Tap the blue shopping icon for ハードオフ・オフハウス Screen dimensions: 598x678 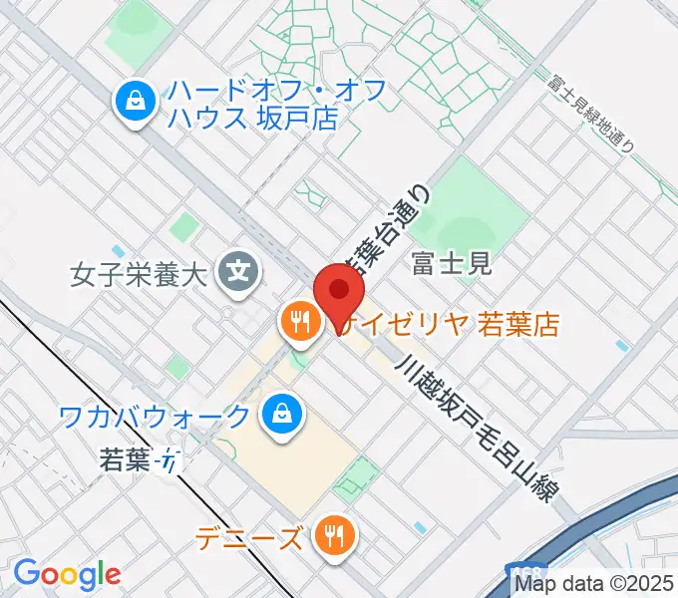coord(133,102)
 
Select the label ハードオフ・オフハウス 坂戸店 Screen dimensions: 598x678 coord(253,104)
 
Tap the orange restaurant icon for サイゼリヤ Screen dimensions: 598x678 coord(299,322)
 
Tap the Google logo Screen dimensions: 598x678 coord(67,574)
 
